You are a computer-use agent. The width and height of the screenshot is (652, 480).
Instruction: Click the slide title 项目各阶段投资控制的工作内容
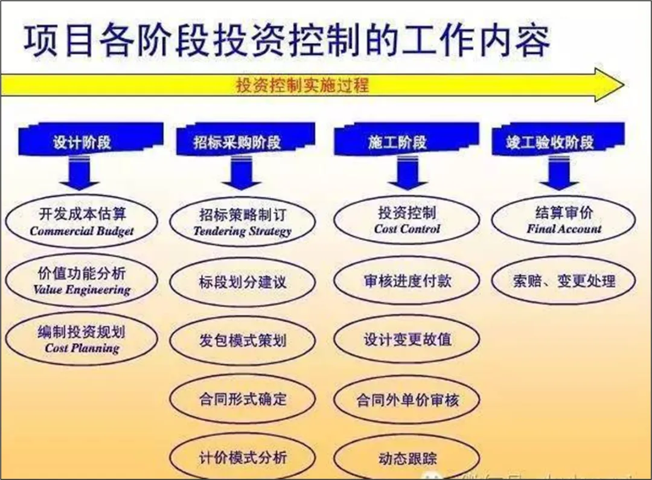tap(287, 41)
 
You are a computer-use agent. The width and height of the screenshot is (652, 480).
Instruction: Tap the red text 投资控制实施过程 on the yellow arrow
tap(302, 85)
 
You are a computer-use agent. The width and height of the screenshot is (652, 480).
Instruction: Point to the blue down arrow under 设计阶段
tap(80, 176)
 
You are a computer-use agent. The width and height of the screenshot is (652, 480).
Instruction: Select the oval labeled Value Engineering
tap(81, 281)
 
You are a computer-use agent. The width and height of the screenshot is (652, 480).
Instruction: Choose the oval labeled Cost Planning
tap(81, 339)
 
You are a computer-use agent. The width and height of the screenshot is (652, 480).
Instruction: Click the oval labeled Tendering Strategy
tap(242, 222)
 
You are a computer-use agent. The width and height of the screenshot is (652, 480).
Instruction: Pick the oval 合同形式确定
tap(242, 399)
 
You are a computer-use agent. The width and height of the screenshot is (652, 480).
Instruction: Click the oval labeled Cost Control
tap(407, 220)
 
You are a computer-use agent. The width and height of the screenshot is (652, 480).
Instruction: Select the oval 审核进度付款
tap(407, 281)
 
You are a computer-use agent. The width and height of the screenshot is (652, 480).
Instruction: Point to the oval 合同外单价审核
tap(407, 399)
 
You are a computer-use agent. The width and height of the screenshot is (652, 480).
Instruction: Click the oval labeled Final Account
tap(564, 220)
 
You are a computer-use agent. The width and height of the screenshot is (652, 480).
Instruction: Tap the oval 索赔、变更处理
tap(564, 281)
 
